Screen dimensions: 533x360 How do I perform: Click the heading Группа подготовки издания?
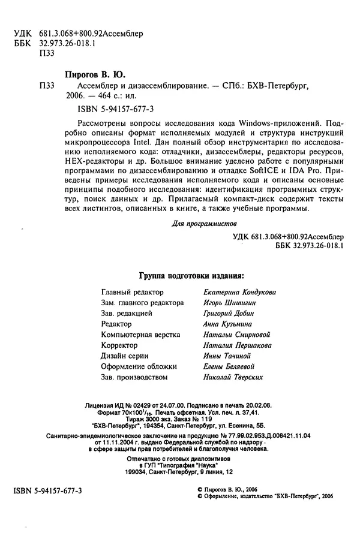(191, 276)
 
